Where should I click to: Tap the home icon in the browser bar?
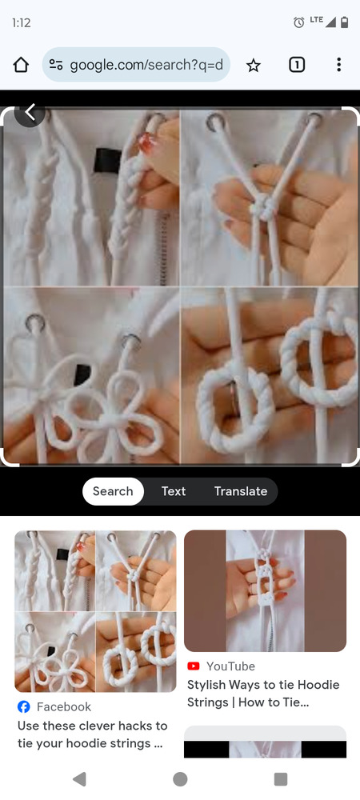pos(21,65)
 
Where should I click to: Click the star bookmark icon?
pos(254,65)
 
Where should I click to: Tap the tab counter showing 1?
pos(297,65)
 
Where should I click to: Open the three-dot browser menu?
pos(338,65)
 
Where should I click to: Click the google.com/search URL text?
pos(146,65)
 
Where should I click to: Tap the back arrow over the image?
pos(30,112)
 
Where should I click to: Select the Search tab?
pos(113,491)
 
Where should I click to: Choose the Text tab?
pos(174,491)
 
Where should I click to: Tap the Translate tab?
pos(241,491)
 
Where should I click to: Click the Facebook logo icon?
pos(24,706)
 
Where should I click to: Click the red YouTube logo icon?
pos(194,666)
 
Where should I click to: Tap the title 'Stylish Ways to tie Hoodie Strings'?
pos(263,694)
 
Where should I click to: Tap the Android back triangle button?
pos(79,779)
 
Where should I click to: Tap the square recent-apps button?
pos(281,779)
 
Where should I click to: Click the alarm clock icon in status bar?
pos(299,22)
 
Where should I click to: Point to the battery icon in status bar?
pos(344,22)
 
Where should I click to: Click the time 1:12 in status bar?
pos(21,23)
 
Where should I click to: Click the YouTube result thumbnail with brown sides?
pos(265,591)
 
